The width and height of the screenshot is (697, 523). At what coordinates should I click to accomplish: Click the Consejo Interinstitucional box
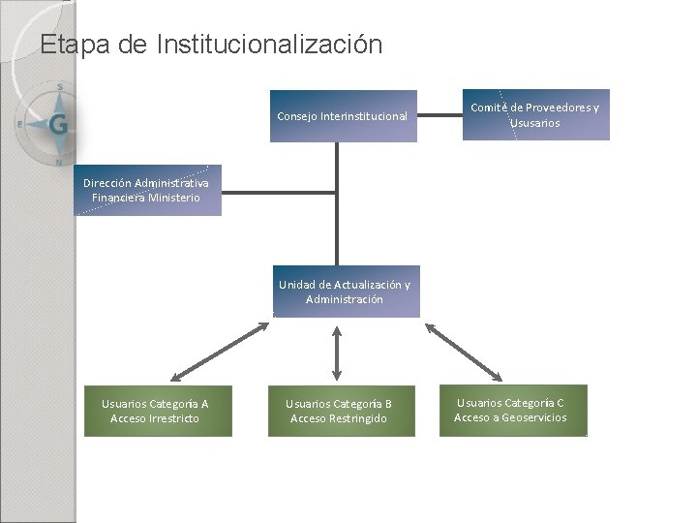(343, 117)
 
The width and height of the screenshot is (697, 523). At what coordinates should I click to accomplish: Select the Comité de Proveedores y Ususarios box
(535, 115)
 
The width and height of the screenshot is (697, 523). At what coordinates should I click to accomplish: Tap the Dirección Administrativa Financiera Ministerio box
(146, 190)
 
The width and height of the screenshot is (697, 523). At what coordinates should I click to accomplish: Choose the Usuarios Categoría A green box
(155, 411)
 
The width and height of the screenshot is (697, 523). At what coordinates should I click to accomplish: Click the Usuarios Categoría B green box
(339, 411)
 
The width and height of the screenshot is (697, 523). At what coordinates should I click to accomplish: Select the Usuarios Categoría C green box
(510, 410)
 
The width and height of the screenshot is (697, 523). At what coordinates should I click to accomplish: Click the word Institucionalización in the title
(268, 45)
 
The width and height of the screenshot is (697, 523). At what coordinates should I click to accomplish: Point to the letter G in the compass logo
(58, 125)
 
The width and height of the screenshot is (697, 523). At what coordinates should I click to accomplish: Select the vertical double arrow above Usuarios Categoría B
(336, 352)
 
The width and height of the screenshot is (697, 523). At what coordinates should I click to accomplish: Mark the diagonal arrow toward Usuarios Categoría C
(464, 351)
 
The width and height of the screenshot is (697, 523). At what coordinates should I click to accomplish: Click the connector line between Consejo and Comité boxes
(439, 116)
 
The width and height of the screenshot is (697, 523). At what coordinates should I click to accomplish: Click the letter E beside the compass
(19, 124)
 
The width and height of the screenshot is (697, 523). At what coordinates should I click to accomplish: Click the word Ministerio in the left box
(172, 198)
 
